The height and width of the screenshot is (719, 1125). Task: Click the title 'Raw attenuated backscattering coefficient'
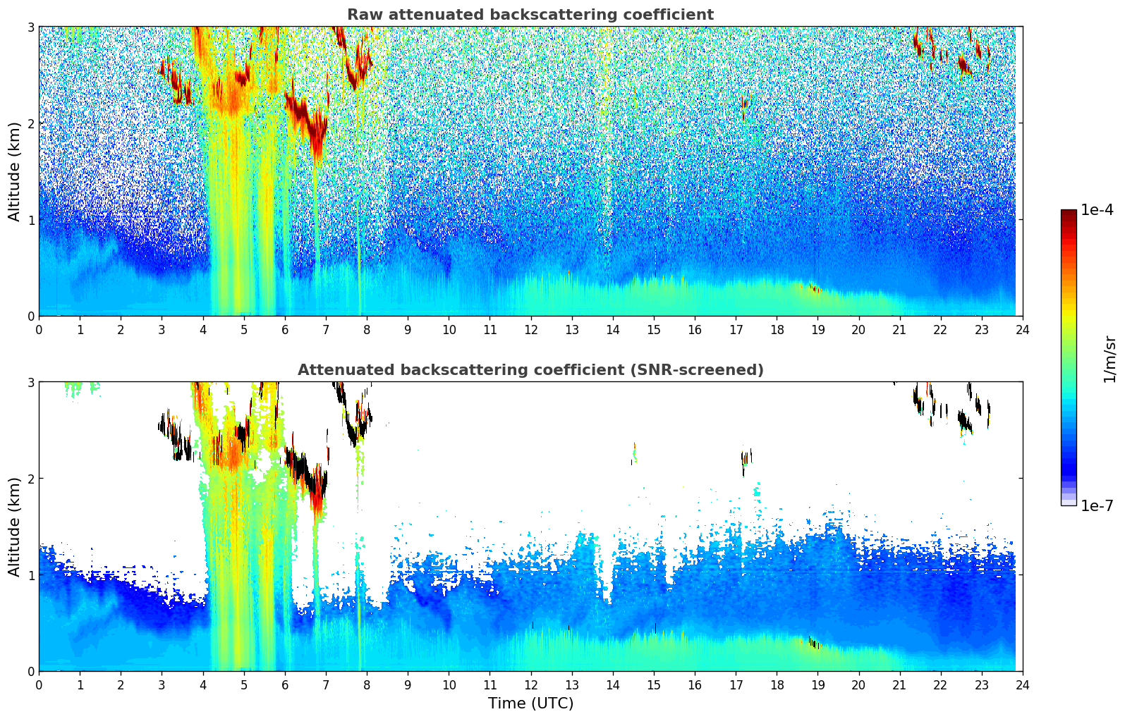point(530,15)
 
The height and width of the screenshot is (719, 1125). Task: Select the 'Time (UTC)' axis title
point(530,703)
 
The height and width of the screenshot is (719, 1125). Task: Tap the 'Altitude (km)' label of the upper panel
point(15,171)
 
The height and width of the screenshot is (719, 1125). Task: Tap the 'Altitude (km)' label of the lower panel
point(15,527)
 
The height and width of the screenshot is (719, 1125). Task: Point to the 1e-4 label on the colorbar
point(1097,210)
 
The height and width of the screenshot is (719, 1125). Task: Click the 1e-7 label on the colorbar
point(1097,505)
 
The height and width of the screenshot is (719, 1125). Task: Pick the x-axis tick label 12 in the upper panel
point(530,329)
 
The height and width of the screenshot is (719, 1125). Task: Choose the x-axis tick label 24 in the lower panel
point(1023,684)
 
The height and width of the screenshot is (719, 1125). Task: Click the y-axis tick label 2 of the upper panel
point(30,123)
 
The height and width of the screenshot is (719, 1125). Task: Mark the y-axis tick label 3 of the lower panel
point(30,382)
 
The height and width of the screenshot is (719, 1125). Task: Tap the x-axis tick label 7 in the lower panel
point(326,684)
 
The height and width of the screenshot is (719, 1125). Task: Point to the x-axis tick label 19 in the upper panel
point(817,329)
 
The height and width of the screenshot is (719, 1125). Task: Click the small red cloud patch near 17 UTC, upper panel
point(744,106)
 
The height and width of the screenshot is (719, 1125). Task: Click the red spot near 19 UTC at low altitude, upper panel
point(815,289)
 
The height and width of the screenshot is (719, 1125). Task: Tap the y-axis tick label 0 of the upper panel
point(30,317)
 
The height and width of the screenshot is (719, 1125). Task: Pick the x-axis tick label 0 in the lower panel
point(39,684)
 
